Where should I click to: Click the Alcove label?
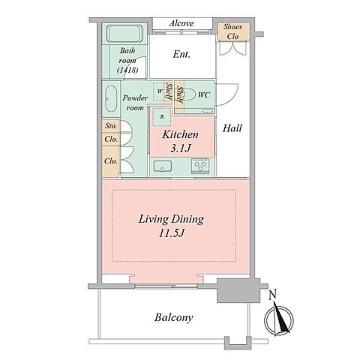pyautogui.click(x=181, y=23)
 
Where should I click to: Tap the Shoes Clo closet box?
pyautogui.click(x=233, y=31)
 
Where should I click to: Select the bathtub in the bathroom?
pyautogui.click(x=124, y=34)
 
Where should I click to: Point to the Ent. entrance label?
pyautogui.click(x=181, y=54)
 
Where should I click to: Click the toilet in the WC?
pyautogui.click(x=190, y=94)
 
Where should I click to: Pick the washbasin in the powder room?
pyautogui.click(x=111, y=99)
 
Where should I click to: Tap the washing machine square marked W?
pyautogui.click(x=159, y=91)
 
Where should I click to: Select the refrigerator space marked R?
pyautogui.click(x=162, y=116)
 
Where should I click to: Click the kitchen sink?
pyautogui.click(x=163, y=166)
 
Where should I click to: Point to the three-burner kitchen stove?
pyautogui.click(x=200, y=166)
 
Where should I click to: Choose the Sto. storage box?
pyautogui.click(x=111, y=126)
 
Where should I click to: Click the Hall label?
pyautogui.click(x=232, y=128)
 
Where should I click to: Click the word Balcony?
pyautogui.click(x=173, y=317)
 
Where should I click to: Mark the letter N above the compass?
pyautogui.click(x=273, y=295)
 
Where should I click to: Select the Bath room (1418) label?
pyautogui.click(x=127, y=60)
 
